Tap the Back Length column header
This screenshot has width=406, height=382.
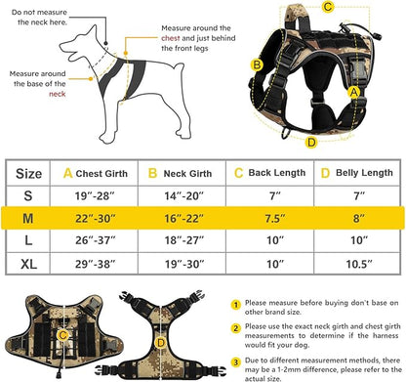[276, 173]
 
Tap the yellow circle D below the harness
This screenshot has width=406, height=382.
[310, 142]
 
